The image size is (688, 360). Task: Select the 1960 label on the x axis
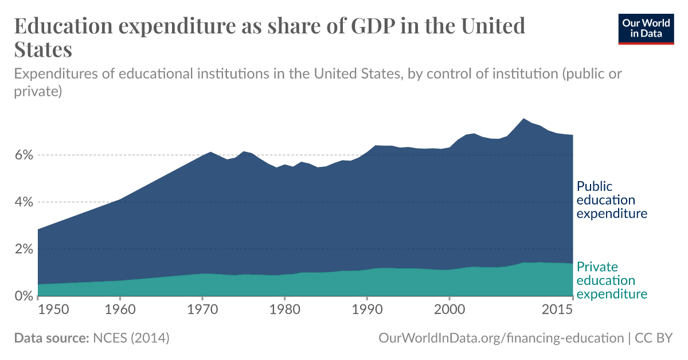(120, 310)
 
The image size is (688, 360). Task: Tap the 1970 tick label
(202, 310)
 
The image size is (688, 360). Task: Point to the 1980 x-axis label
(285, 310)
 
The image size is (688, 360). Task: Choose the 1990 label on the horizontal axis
(368, 310)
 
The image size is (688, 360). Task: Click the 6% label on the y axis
(24, 155)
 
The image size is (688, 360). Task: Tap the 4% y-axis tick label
(24, 202)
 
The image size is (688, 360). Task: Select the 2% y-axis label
(24, 249)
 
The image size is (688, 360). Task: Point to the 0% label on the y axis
(24, 296)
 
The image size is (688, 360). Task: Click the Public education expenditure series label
(611, 200)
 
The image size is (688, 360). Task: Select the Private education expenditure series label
(611, 280)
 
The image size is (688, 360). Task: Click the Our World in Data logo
(646, 27)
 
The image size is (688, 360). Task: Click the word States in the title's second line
(43, 49)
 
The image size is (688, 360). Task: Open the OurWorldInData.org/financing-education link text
(501, 338)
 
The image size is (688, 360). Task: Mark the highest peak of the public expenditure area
(523, 119)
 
